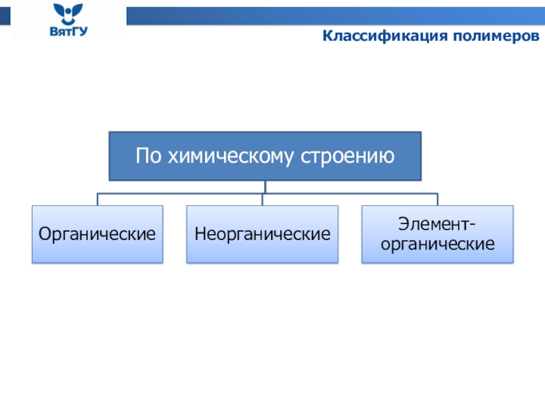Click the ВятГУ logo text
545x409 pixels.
coord(69,31)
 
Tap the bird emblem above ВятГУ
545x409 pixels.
coord(68,14)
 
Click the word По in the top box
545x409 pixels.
coord(149,155)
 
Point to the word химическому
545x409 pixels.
coord(231,157)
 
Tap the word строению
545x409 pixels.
coord(347,157)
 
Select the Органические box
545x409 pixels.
coord(97,234)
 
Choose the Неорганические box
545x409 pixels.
coord(262,234)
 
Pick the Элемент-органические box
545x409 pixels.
coord(437,234)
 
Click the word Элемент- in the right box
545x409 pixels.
coord(437,224)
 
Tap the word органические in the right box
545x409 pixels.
coord(437,244)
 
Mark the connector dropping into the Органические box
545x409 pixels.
coord(97,199)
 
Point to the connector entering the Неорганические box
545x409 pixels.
coord(262,199)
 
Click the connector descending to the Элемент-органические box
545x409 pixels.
coord(437,199)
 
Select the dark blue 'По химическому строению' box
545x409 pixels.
coord(265,156)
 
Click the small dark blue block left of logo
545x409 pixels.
coord(5,16)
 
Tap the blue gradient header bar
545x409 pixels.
coord(336,16)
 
